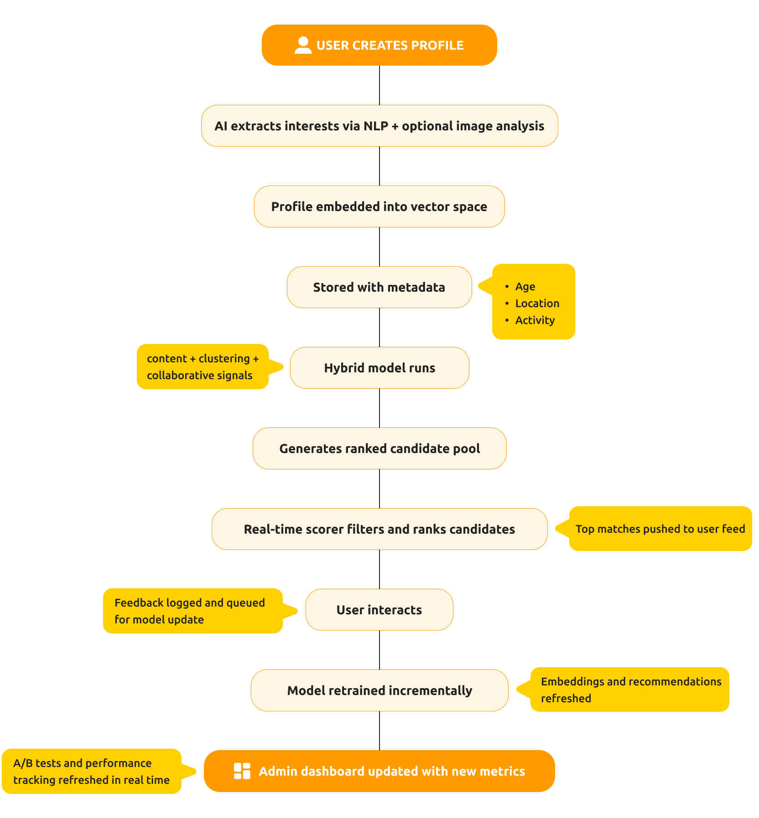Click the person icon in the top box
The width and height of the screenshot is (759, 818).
click(303, 45)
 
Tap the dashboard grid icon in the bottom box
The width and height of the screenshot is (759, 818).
click(242, 771)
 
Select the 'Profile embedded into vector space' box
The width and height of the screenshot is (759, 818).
click(379, 206)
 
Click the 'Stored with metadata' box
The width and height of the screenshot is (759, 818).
click(379, 287)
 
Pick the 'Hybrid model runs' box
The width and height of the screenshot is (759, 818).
click(379, 368)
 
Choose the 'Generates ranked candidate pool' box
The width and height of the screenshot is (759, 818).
click(379, 448)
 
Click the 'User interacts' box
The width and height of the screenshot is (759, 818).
click(379, 610)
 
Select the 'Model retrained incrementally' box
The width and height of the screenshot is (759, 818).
click(379, 690)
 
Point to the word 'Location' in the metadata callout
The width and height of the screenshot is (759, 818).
click(537, 304)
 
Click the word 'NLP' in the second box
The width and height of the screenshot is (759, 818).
click(376, 126)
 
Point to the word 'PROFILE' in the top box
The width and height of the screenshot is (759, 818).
click(437, 46)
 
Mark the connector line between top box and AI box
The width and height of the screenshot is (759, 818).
click(379, 85)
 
